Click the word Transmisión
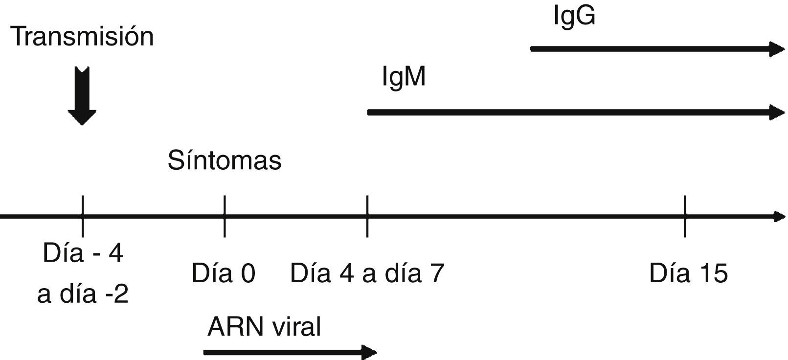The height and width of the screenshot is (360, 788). click(82, 37)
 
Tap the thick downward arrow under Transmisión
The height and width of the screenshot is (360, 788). click(82, 95)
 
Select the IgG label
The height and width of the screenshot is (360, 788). click(574, 16)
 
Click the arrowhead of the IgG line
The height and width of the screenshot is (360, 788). click(777, 49)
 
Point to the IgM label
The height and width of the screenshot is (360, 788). click(404, 77)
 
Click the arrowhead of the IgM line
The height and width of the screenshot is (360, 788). click(777, 112)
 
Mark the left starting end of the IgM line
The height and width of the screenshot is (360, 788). click(370, 112)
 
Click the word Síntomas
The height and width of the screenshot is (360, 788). click(225, 160)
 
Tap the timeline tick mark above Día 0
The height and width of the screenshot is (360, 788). click(225, 216)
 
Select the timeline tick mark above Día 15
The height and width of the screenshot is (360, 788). click(685, 216)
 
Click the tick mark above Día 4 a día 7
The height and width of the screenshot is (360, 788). click(367, 216)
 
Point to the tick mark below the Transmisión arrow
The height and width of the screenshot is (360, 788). click(83, 216)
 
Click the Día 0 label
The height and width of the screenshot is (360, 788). click(224, 273)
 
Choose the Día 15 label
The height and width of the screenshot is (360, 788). click(688, 273)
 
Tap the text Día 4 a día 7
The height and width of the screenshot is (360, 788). click(367, 273)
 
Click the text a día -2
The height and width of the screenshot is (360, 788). click(83, 294)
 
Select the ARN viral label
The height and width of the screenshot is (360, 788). click(264, 327)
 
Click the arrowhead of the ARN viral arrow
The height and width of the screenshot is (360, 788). click(369, 352)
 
